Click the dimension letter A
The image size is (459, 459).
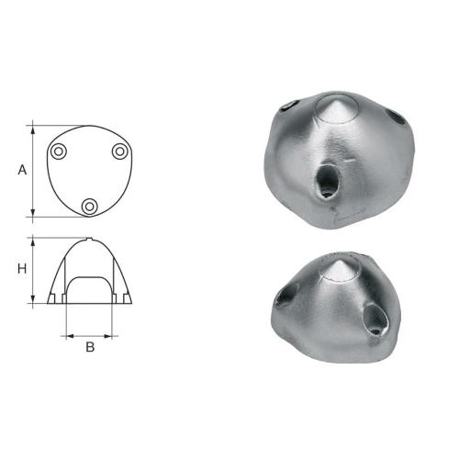(x=22, y=169)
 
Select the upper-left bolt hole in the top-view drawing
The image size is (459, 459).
(x=59, y=151)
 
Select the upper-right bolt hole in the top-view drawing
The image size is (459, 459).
(x=119, y=151)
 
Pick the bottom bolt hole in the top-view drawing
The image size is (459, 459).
(x=89, y=207)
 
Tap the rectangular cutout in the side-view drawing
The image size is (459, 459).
(x=89, y=290)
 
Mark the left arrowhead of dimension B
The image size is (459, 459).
(x=67, y=336)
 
